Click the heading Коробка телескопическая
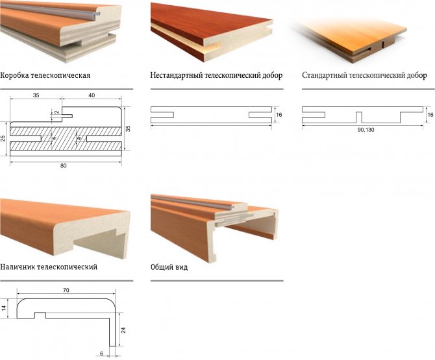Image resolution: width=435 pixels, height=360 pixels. coord(45,75)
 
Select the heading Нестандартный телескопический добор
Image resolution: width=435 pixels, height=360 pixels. coord(216,75)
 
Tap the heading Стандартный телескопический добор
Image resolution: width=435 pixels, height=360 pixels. coord(364,75)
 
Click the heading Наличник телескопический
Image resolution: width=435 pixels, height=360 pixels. coord(49,267)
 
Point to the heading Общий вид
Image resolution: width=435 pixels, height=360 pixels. coord(169,267)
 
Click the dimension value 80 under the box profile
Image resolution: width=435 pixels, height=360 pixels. coord(63,165)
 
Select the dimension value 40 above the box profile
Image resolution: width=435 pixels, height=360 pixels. coord(92,95)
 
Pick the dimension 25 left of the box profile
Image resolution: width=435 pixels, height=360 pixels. coord(3,139)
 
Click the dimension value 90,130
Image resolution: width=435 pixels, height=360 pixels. coord(366,130)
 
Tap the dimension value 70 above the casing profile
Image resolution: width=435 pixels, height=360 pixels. coord(66,290)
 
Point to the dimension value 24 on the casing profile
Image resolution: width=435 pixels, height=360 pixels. coord(123,330)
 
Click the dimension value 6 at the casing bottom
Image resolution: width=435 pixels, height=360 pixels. coord(101,354)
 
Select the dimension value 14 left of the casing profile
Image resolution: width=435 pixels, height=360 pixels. coord(4,308)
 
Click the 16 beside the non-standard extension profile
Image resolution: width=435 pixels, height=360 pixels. coord(279,114)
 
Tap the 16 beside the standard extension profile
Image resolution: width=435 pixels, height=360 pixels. coord(430,114)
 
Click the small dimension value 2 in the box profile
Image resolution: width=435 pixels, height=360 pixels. coord(56,112)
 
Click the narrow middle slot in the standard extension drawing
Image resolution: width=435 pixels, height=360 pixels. coord(359,117)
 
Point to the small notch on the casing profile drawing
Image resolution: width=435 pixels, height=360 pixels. coord(40,315)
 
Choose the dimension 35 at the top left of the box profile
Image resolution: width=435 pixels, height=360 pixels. coord(36,95)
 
